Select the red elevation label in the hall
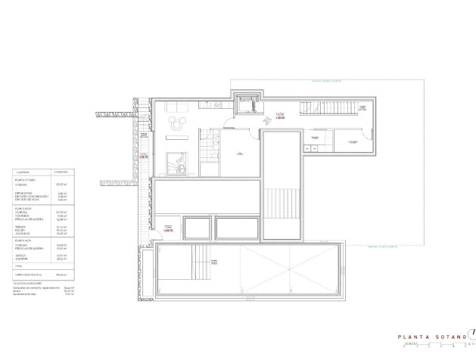(x=280, y=119)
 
